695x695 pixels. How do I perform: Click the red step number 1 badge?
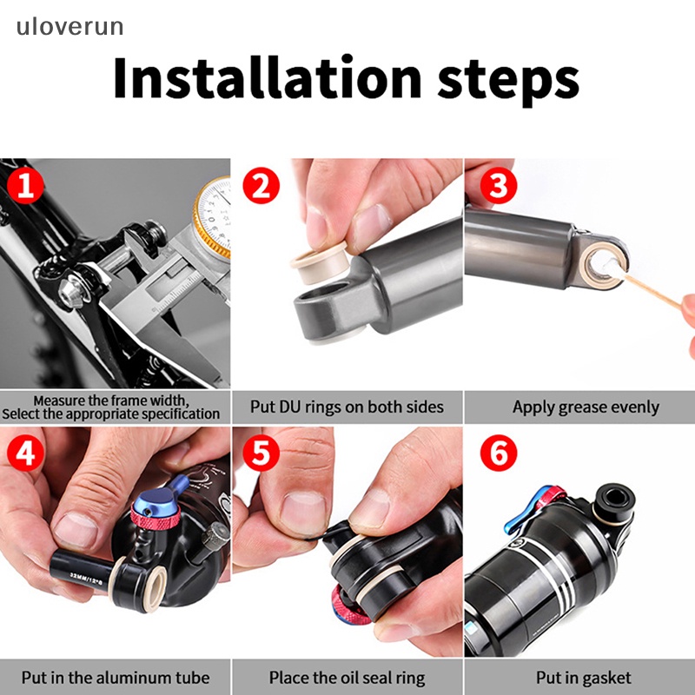pos(25,186)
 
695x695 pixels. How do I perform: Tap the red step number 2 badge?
pos(261,186)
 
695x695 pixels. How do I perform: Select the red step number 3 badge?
pos(499,186)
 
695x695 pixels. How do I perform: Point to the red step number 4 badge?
pos(25,453)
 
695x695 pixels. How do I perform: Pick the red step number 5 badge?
pos(261,453)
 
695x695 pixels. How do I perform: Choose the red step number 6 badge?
pos(499,453)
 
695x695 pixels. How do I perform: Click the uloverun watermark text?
pos(70,27)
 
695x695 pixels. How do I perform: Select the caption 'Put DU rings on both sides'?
pos(347,407)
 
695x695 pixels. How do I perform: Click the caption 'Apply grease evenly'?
pos(586,407)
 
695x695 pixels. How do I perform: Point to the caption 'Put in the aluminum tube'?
pos(116,678)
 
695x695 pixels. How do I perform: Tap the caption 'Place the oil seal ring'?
pos(347,678)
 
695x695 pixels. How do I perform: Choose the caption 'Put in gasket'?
pos(584,678)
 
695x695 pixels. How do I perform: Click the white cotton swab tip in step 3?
pos(607,268)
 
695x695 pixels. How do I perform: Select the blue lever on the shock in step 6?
pos(518,516)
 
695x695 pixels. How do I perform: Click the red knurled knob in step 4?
pos(156,516)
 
